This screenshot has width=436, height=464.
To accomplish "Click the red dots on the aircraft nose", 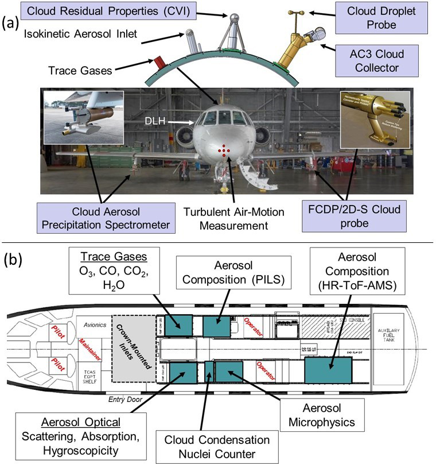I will point(224,150).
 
